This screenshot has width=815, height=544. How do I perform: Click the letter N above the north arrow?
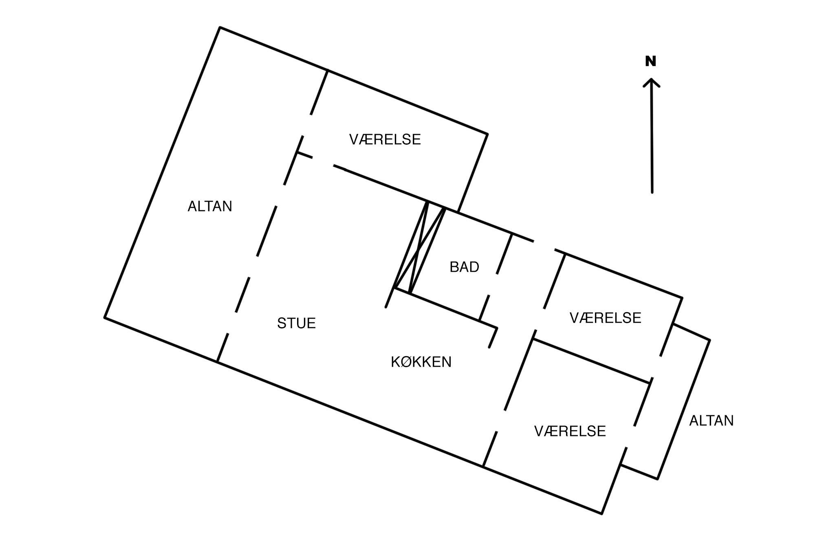pos(651,62)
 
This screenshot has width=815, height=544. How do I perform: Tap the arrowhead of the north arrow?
pos(651,81)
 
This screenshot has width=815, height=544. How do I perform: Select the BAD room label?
pos(464,267)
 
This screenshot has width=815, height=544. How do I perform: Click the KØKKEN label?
pos(421,362)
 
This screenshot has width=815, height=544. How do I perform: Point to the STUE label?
pos(296,323)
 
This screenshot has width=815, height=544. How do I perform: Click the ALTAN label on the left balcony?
pos(209,207)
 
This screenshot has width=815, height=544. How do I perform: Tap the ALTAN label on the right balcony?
pos(711,421)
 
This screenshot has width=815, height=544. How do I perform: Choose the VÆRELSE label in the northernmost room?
pos(385,139)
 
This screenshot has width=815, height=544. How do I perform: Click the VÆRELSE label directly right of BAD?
pos(605,318)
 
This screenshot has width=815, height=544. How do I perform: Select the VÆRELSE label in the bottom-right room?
pos(570,431)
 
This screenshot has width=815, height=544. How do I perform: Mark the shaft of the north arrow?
pos(652,139)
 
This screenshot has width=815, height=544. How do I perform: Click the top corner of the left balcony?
pos(220,28)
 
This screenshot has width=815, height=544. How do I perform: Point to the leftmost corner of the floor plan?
pos(105,317)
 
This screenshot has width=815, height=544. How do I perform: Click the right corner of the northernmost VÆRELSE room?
pos(487,133)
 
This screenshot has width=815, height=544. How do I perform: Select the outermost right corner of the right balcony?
pos(709,340)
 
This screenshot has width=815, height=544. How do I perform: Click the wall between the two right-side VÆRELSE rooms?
pos(591,361)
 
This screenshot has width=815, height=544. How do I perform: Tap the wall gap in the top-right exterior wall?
pos(544,245)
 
